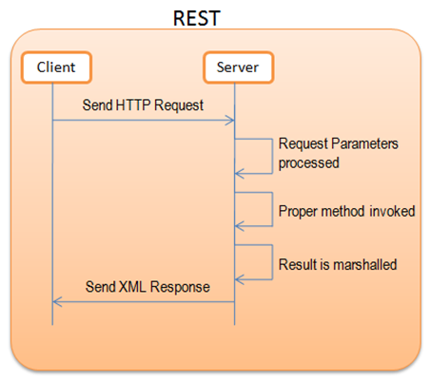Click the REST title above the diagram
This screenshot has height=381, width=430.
(197, 18)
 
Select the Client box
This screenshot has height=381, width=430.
(56, 67)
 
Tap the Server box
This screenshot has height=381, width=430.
(238, 67)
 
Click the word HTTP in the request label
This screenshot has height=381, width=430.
(134, 105)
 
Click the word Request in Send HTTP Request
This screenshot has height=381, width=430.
(179, 105)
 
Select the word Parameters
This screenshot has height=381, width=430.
(364, 143)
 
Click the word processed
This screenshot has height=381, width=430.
(309, 163)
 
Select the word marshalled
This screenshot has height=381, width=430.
(365, 264)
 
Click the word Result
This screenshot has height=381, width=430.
(298, 264)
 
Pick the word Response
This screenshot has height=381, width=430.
(180, 288)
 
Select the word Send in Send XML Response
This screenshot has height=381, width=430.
(101, 287)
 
